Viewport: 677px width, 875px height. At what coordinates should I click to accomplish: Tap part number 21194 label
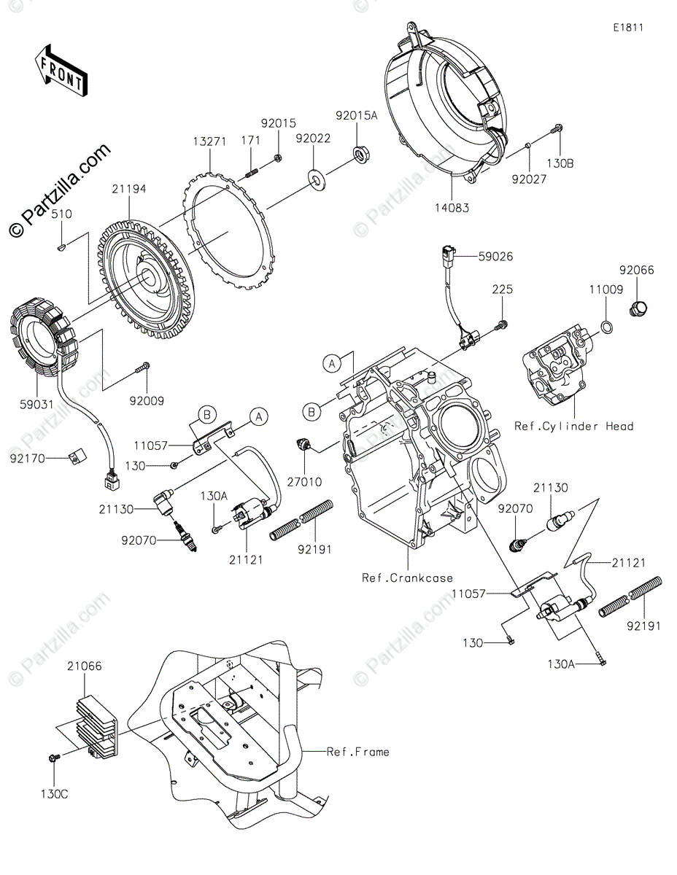pyautogui.click(x=129, y=189)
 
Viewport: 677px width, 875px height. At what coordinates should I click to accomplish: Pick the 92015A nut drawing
pyautogui.click(x=360, y=152)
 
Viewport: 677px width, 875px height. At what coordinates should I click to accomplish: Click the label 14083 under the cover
pyautogui.click(x=453, y=207)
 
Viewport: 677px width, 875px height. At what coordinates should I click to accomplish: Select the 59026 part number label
pyautogui.click(x=495, y=256)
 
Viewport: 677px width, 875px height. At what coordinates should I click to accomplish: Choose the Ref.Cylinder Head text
pyautogui.click(x=574, y=426)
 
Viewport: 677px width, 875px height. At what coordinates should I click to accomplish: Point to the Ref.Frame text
pyautogui.click(x=358, y=751)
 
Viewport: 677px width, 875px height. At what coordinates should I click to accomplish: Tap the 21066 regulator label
pyautogui.click(x=85, y=666)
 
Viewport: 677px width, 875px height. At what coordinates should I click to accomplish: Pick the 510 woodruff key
pyautogui.click(x=62, y=249)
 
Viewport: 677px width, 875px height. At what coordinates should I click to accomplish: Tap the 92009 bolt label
pyautogui.click(x=148, y=400)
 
